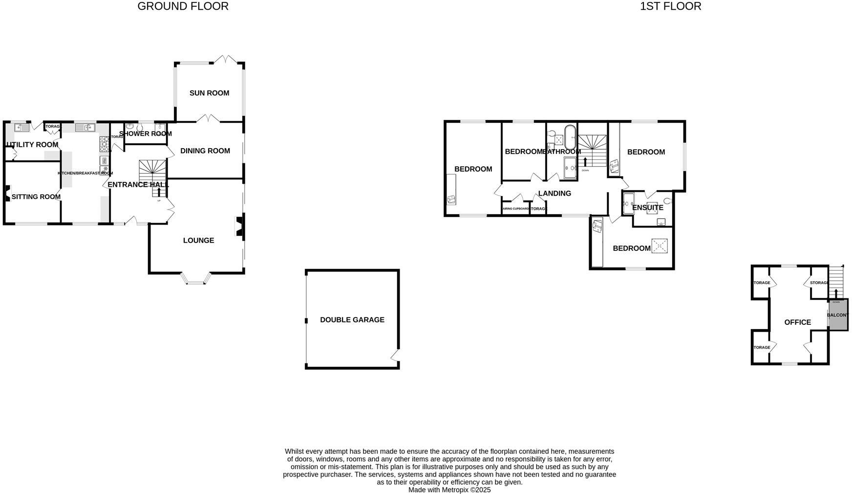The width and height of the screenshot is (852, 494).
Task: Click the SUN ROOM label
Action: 209,93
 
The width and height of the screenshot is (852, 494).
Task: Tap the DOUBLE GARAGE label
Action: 352,320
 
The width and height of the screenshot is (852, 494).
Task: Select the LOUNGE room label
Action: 198,241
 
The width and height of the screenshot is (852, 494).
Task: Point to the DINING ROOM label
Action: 205,151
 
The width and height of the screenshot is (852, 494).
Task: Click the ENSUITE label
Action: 647,208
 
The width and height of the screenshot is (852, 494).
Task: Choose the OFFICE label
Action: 797,322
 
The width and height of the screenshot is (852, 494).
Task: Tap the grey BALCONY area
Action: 837,315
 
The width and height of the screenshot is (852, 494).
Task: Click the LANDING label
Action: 554,194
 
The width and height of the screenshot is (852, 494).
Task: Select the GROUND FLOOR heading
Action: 183,6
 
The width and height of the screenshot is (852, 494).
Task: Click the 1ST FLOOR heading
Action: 670,6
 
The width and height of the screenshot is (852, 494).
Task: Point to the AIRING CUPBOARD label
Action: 516,209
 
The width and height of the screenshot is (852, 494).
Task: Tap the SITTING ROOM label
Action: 36,197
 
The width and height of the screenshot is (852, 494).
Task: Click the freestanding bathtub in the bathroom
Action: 570,137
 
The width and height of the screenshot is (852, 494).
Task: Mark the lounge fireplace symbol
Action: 239,227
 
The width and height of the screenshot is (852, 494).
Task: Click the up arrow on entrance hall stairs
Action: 159,192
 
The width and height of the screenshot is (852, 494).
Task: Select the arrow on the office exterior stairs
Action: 835,293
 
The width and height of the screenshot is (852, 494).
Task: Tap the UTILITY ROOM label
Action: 32,145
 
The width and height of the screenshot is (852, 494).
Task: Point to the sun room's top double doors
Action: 225,60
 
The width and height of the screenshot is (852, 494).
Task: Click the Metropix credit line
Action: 449,490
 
